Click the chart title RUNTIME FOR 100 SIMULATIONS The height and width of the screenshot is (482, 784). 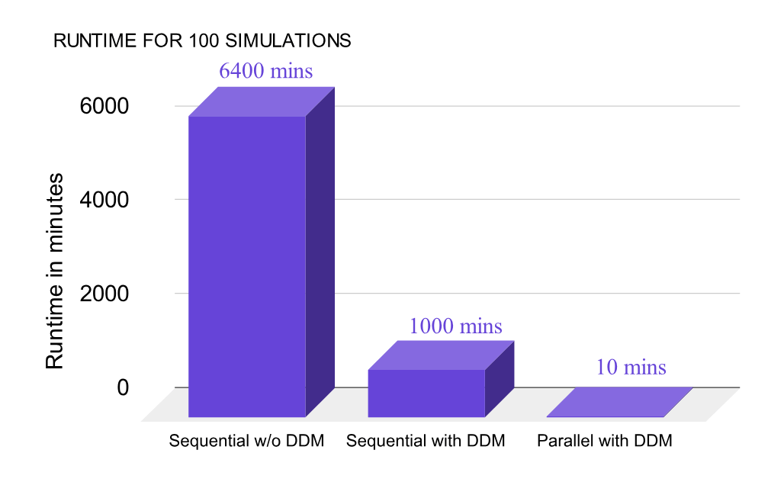[202, 41]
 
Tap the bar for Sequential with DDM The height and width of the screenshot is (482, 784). [426, 393]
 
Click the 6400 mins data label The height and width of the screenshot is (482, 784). [265, 71]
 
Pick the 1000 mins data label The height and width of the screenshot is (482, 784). [455, 326]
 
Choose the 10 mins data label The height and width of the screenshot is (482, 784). [631, 367]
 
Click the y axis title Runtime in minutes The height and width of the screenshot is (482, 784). [55, 272]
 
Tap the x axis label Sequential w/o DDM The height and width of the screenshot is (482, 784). [246, 442]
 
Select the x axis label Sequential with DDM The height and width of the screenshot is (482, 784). [426, 442]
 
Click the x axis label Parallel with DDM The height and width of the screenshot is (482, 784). [605, 442]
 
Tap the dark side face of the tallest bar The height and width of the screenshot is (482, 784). [320, 252]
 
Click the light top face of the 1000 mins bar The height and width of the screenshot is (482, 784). [439, 355]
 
